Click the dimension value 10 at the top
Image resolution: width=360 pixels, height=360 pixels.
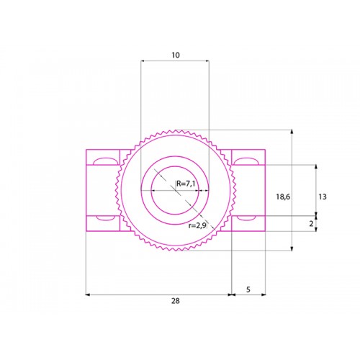point(176,55)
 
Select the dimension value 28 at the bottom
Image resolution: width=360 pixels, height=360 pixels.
point(176,301)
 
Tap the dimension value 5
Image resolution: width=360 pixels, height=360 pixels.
point(248,289)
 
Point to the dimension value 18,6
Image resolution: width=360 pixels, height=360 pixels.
point(283,197)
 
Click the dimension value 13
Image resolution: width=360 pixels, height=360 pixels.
point(323,197)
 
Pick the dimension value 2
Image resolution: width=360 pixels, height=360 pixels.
point(311,224)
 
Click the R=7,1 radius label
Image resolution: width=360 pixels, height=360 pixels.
point(186,184)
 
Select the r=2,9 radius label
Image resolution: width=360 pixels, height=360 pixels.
point(197,225)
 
